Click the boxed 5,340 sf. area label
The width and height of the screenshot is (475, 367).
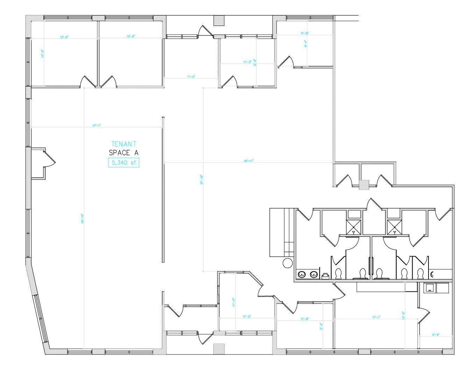click(x=123, y=163)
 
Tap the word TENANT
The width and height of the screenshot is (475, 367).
click(x=123, y=144)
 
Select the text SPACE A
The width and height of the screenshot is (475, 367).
click(x=123, y=153)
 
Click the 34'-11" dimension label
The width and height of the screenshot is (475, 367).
click(x=248, y=161)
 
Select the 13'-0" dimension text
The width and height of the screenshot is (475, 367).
click(x=131, y=36)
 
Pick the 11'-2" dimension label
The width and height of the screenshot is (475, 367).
click(x=191, y=76)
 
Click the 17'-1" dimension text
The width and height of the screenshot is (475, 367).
click(x=376, y=317)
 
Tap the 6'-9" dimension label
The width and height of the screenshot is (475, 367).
click(x=435, y=335)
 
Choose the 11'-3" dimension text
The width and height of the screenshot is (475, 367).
click(x=247, y=62)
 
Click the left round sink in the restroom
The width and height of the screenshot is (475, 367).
click(x=301, y=274)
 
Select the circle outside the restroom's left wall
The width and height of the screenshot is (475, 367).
click(x=288, y=263)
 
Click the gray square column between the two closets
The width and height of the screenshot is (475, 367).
click(x=364, y=185)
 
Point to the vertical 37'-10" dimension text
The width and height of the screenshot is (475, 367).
click(x=201, y=180)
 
